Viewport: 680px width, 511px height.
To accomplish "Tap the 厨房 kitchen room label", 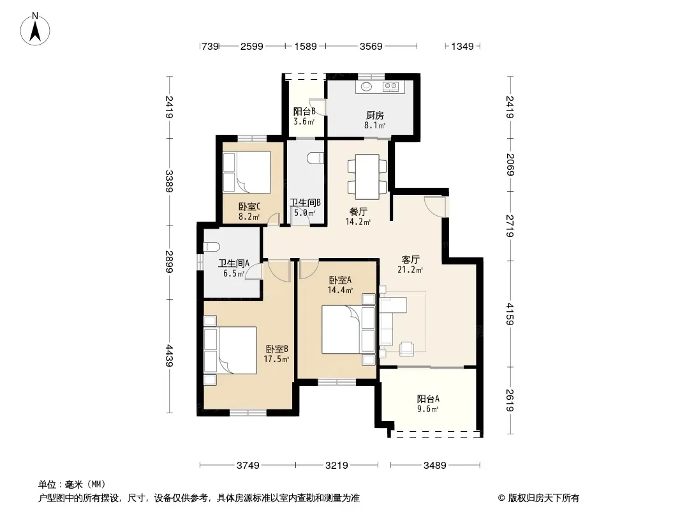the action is (374, 116).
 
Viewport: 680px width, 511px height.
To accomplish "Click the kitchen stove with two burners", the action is (391, 86).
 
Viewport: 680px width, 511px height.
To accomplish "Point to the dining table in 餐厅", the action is (367, 177).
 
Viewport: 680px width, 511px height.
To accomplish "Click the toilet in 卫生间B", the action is (315, 158).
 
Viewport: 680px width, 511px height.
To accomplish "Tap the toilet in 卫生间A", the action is (212, 247).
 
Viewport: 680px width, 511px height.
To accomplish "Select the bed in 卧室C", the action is (247, 171).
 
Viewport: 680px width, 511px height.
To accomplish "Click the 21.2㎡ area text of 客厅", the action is (410, 270).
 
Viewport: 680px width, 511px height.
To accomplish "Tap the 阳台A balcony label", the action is (428, 399).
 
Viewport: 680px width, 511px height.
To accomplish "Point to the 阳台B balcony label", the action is (304, 112).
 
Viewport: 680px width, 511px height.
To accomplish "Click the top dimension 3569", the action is (371, 46).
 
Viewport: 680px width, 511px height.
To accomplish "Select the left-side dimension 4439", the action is (169, 355).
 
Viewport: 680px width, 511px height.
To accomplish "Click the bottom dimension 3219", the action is (337, 466).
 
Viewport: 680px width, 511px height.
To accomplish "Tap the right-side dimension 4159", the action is (510, 314).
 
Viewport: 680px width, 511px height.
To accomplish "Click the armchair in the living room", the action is (407, 349).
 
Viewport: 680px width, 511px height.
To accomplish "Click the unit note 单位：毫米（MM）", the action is (71, 485).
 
